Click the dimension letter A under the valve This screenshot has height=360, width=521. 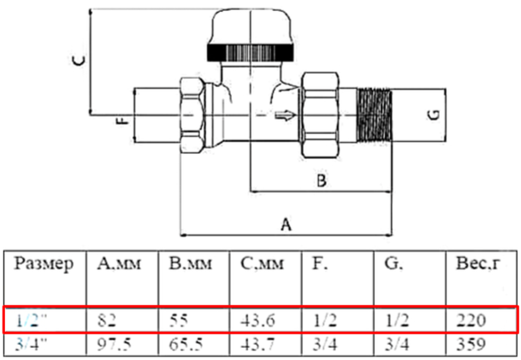click(287, 224)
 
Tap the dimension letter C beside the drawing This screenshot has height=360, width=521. click(78, 60)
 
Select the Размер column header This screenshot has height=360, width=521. click(44, 263)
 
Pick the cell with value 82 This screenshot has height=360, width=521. click(108, 321)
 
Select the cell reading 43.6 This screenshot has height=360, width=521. click(256, 321)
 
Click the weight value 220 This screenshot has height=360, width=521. click(471, 321)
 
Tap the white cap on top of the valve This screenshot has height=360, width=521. click(252, 26)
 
